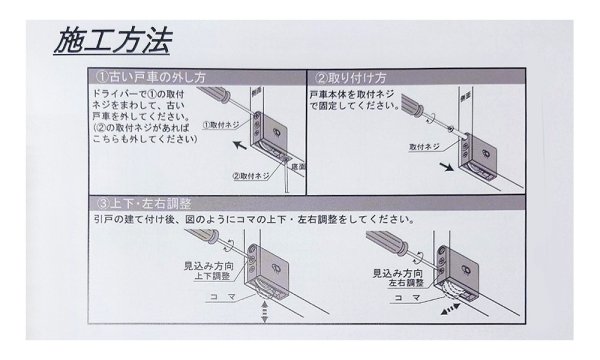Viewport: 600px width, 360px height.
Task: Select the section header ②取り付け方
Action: (351, 77)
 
